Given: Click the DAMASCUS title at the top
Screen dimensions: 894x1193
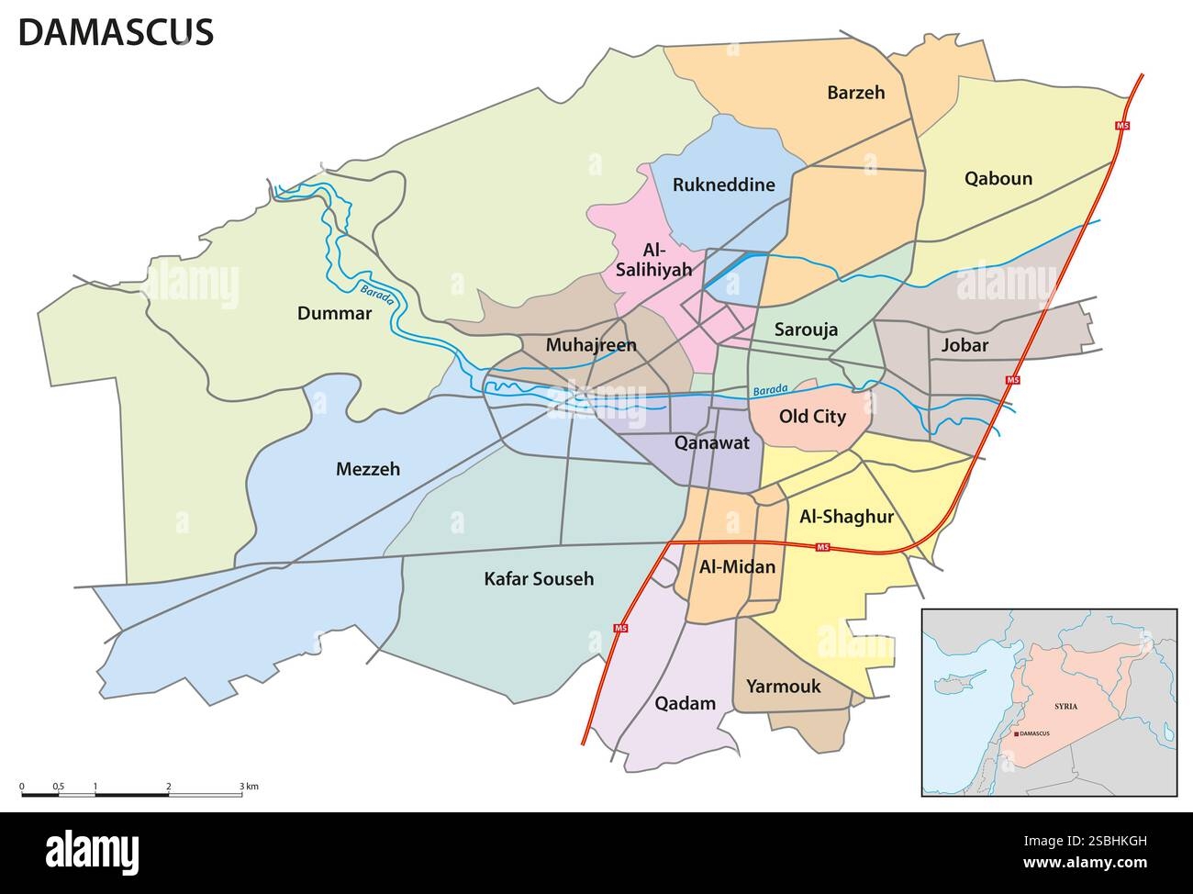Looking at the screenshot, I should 116,32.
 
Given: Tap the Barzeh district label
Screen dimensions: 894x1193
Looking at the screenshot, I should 855,92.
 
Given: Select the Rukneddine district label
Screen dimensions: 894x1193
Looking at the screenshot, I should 723,184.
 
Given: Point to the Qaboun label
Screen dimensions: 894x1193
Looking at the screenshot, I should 998,178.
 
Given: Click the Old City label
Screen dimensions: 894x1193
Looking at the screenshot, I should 811,417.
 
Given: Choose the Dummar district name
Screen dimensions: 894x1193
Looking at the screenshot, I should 334,314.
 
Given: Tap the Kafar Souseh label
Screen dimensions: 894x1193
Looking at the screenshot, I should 539,579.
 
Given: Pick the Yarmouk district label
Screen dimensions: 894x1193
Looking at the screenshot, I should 783,686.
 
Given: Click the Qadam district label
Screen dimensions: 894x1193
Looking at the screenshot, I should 685,704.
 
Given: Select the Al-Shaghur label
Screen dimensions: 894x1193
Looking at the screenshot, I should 846,517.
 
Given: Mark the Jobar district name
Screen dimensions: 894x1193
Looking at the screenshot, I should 964,345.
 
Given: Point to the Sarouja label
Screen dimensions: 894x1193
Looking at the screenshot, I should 806,330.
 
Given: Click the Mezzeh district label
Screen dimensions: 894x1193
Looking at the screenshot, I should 368,469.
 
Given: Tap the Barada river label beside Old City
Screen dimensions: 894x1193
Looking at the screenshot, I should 768,391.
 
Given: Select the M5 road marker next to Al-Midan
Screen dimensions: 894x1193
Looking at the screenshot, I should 823,548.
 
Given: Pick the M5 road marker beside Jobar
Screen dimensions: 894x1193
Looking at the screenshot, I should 1013,379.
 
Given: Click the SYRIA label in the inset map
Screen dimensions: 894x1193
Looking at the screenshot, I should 1065,706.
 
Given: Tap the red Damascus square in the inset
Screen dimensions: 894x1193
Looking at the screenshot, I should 1016,734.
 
